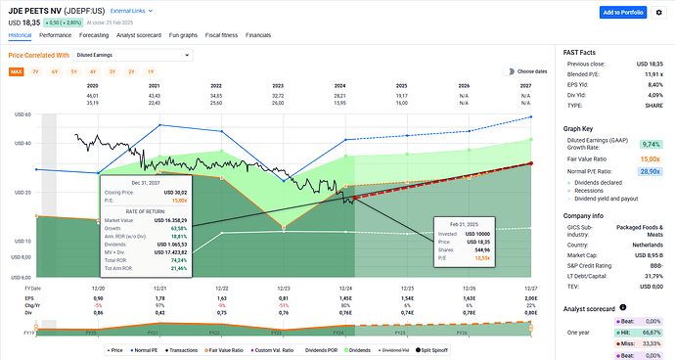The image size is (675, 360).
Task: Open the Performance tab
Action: pos(55,34)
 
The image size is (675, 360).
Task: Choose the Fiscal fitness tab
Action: pos(228,34)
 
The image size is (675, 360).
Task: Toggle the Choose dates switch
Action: pos(509,71)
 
